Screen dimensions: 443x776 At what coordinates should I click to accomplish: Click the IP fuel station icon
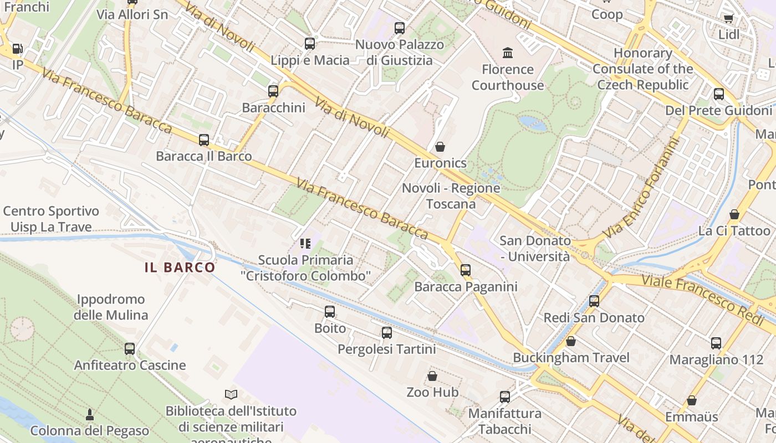click(x=18, y=49)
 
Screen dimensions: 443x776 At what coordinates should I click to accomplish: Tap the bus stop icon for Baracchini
click(x=273, y=91)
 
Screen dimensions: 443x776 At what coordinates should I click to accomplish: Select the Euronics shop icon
click(x=440, y=147)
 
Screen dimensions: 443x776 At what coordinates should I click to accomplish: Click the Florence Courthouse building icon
click(x=507, y=53)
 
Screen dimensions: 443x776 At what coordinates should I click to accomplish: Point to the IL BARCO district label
click(x=180, y=267)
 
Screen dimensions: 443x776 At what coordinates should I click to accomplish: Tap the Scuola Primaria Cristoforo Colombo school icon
click(x=305, y=243)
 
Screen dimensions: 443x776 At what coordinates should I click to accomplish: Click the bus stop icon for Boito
click(x=330, y=312)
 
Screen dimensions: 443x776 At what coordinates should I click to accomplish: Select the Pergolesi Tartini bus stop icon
click(x=387, y=333)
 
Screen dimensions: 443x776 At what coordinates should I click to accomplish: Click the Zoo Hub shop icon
click(x=432, y=376)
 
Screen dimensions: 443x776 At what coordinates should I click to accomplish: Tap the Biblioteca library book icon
click(x=231, y=395)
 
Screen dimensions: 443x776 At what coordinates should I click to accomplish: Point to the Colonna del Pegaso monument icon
click(x=90, y=414)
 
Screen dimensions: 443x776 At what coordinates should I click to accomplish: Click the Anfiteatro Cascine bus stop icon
click(x=130, y=349)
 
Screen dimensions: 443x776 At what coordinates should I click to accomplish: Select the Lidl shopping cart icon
click(x=728, y=18)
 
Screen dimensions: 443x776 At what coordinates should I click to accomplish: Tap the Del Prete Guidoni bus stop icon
click(x=719, y=94)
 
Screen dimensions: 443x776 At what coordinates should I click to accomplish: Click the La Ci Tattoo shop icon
click(x=734, y=214)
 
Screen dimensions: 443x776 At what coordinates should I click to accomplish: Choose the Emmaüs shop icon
click(x=692, y=400)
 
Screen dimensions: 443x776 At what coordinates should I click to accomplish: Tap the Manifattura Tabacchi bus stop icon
click(x=505, y=397)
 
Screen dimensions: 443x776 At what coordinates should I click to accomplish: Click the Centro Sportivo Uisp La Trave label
click(x=51, y=219)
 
